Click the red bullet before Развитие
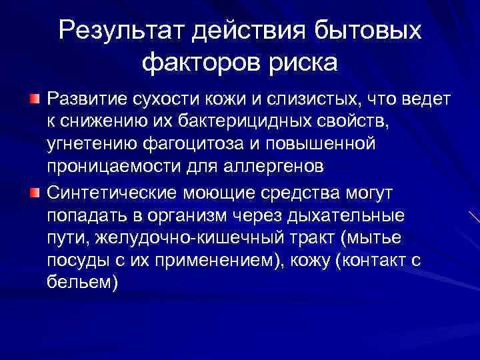pos(35,99)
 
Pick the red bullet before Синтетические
pos(35,193)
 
